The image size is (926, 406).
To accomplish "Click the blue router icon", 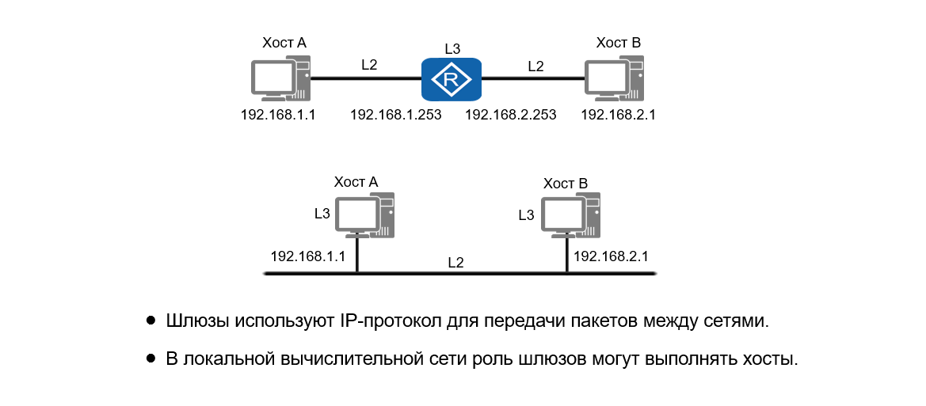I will (451, 79).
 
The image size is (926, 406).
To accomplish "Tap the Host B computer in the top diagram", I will (615, 79).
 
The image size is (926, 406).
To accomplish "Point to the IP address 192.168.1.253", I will (395, 115).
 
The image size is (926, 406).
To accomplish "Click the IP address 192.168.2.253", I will (511, 115).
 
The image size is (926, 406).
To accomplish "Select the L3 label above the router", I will (452, 48).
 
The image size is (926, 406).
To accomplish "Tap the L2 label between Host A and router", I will (369, 66).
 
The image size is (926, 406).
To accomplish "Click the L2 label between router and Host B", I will (536, 66).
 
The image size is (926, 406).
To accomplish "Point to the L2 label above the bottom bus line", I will (455, 262).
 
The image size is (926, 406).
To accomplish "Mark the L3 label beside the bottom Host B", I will (526, 214).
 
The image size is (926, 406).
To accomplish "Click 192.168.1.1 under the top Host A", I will (278, 115).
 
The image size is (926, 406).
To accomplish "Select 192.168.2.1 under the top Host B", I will (618, 115).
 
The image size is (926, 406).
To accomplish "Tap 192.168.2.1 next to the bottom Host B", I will (611, 256).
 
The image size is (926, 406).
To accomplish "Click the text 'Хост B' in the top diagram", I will (618, 43).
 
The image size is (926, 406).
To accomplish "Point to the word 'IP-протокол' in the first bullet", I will (383, 321).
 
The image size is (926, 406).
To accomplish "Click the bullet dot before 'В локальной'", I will (151, 359).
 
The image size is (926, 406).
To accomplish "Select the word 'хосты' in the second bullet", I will (768, 359).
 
